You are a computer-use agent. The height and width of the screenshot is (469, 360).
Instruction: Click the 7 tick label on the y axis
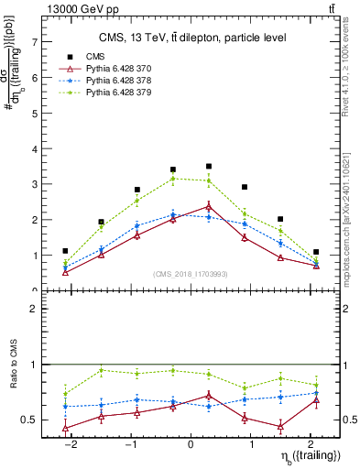[x=34, y=42]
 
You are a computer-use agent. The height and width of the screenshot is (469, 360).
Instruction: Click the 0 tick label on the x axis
[x=191, y=443]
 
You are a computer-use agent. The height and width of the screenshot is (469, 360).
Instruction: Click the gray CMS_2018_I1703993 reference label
[x=191, y=275]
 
